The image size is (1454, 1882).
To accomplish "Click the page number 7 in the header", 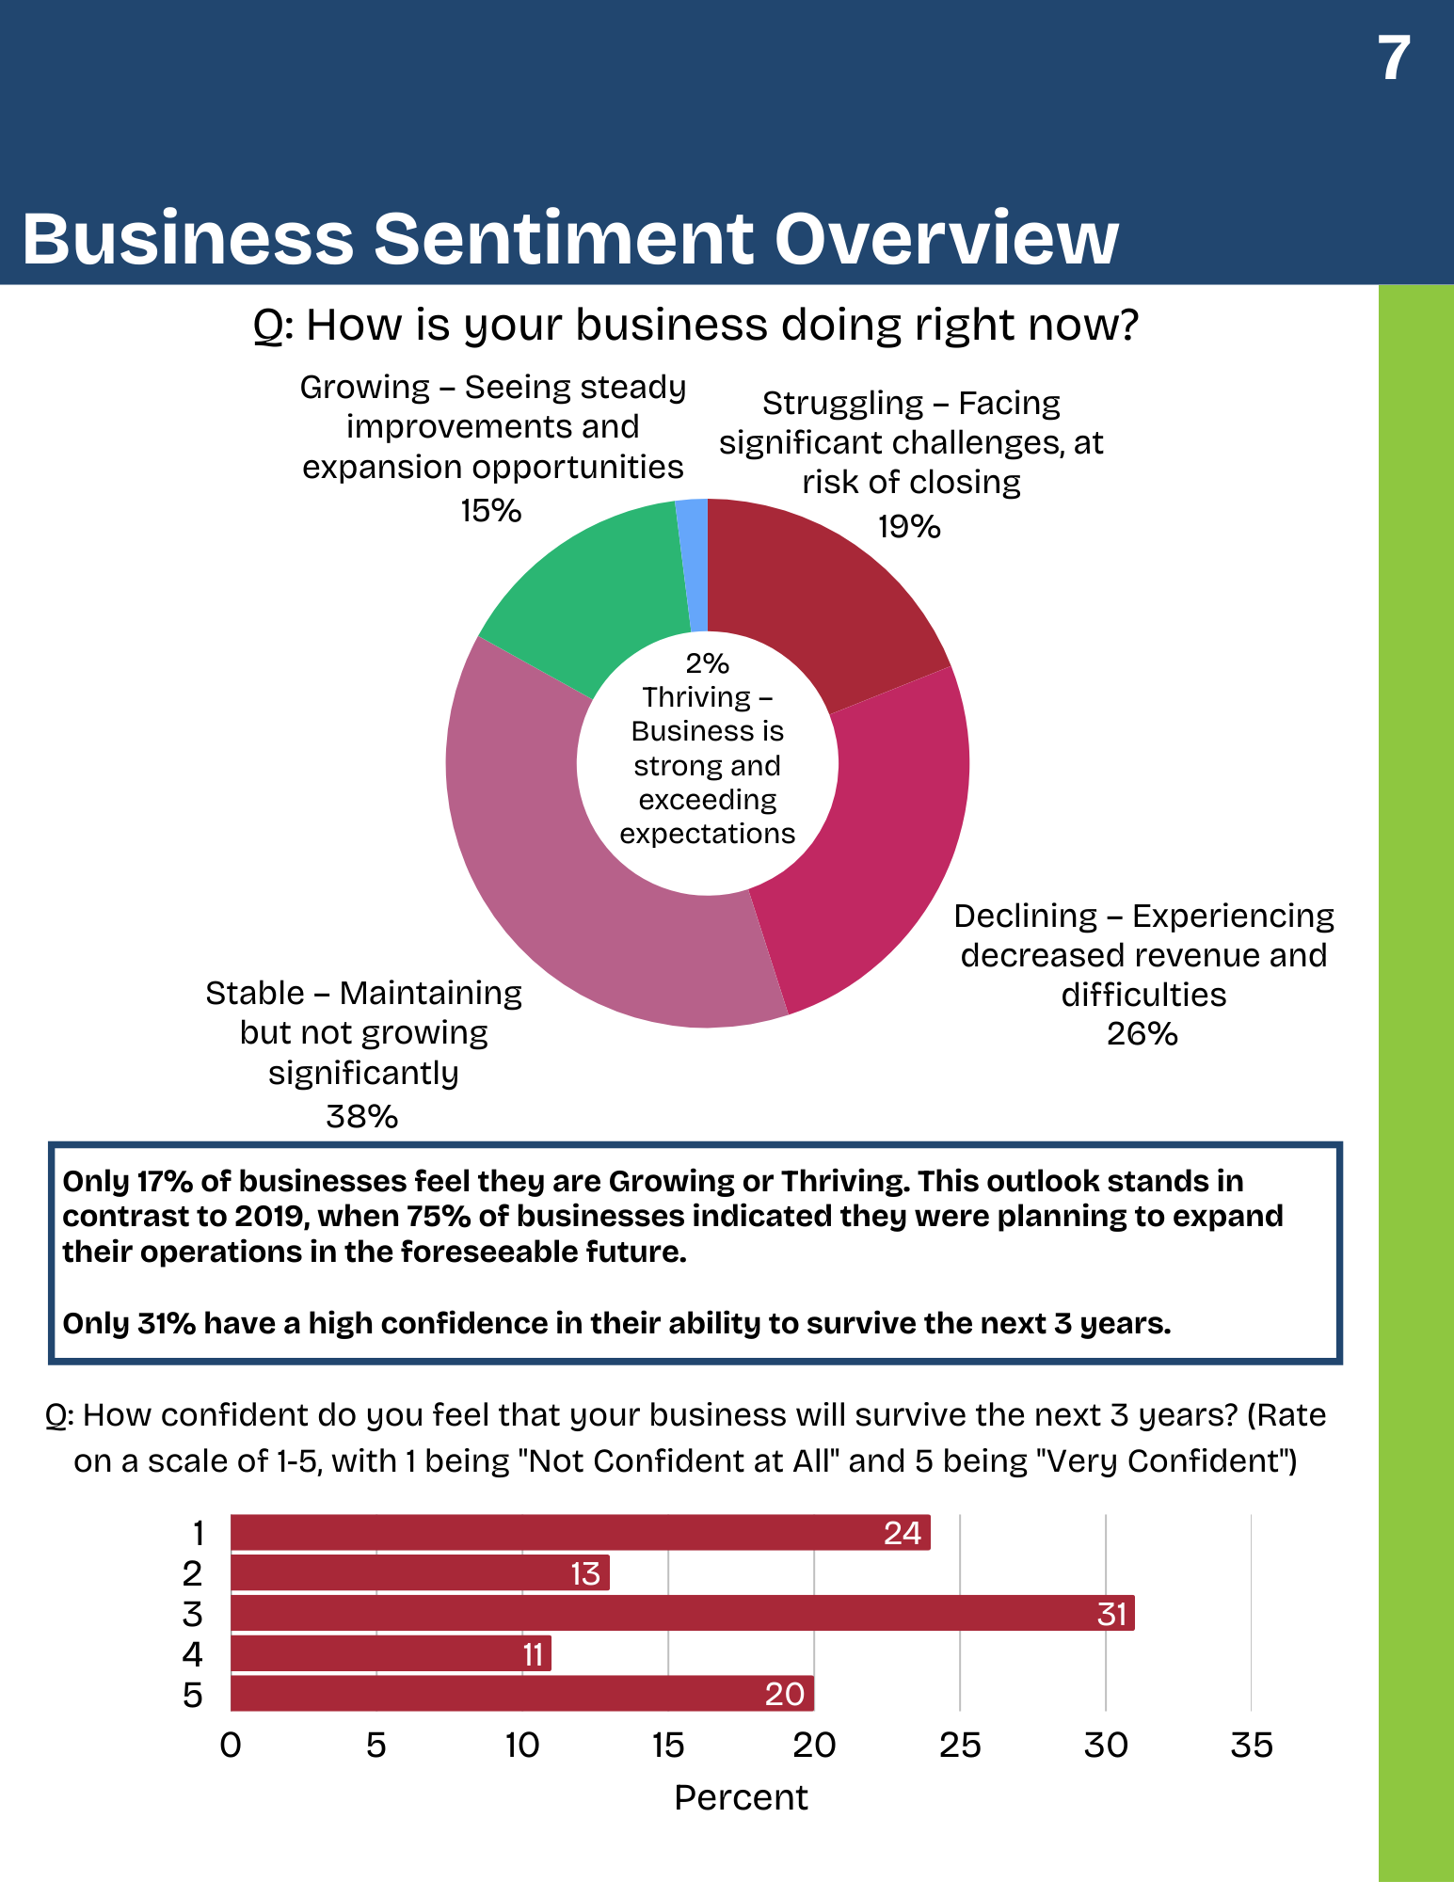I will [1394, 58].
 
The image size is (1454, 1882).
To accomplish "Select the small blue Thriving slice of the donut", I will [693, 565].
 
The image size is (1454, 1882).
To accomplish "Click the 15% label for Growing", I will [490, 511].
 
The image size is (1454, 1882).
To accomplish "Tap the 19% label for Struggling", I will [909, 527].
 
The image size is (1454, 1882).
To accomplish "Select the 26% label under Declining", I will [1142, 1034].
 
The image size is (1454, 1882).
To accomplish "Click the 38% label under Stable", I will [362, 1117].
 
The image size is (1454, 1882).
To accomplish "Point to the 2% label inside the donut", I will [707, 663].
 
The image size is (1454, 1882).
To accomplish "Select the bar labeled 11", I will [391, 1653].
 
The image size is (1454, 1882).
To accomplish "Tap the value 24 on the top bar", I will [902, 1534].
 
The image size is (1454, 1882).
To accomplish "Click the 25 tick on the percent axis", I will [960, 1746].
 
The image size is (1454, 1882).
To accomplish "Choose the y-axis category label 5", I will [193, 1695].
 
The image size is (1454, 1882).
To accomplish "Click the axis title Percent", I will [741, 1797].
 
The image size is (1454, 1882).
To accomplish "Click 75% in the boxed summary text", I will [438, 1217].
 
